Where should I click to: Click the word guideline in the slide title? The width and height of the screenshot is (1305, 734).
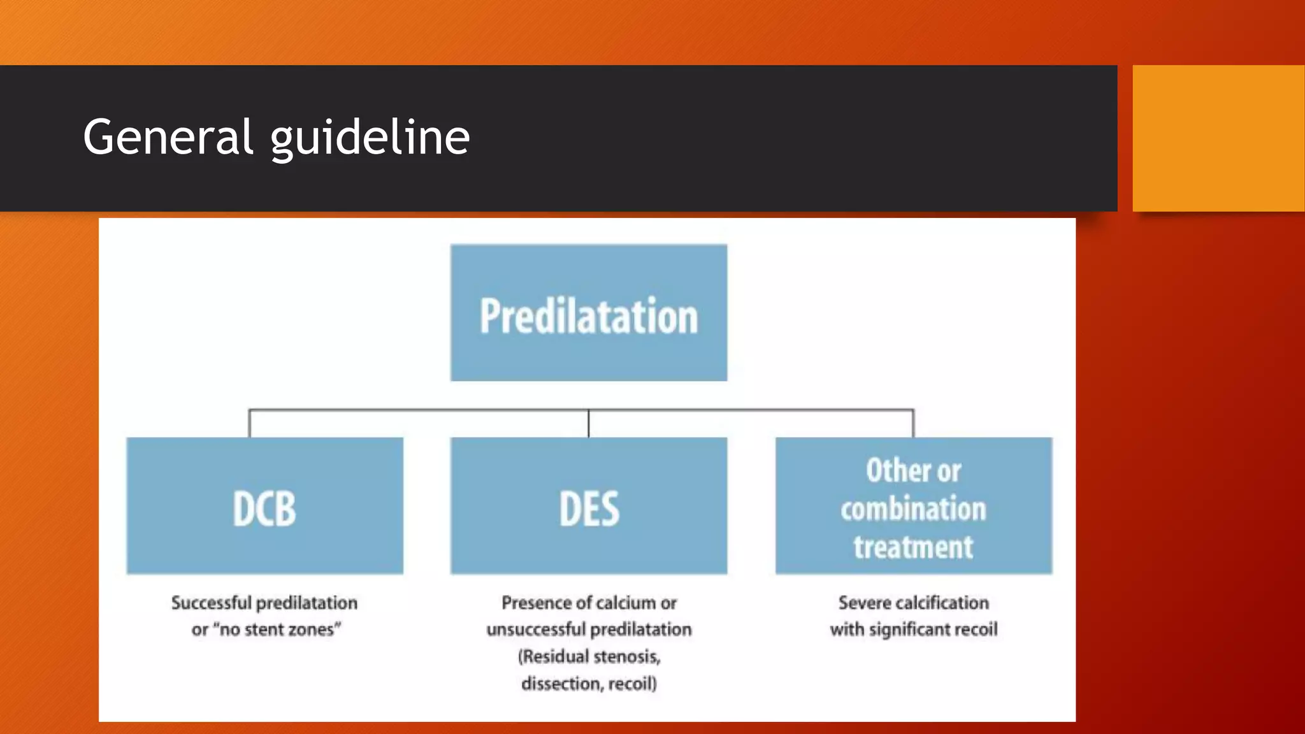point(370,138)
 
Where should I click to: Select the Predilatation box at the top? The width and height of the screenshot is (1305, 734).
point(588,313)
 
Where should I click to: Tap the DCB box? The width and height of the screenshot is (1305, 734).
point(264,506)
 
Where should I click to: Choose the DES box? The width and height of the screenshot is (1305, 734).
point(588,506)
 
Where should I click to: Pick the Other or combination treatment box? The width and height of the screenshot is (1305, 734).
point(913,506)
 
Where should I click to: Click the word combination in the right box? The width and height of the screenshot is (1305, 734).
point(913,509)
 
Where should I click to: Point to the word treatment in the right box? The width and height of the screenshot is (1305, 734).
point(913,547)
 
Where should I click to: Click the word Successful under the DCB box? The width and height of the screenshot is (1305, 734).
point(212,603)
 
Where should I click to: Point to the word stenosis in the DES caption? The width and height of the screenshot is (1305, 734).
point(626,656)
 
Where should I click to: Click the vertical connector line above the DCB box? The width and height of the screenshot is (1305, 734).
point(250,424)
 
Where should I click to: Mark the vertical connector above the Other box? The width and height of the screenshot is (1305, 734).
point(913,424)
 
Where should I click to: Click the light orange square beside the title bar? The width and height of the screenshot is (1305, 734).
point(1218,138)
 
